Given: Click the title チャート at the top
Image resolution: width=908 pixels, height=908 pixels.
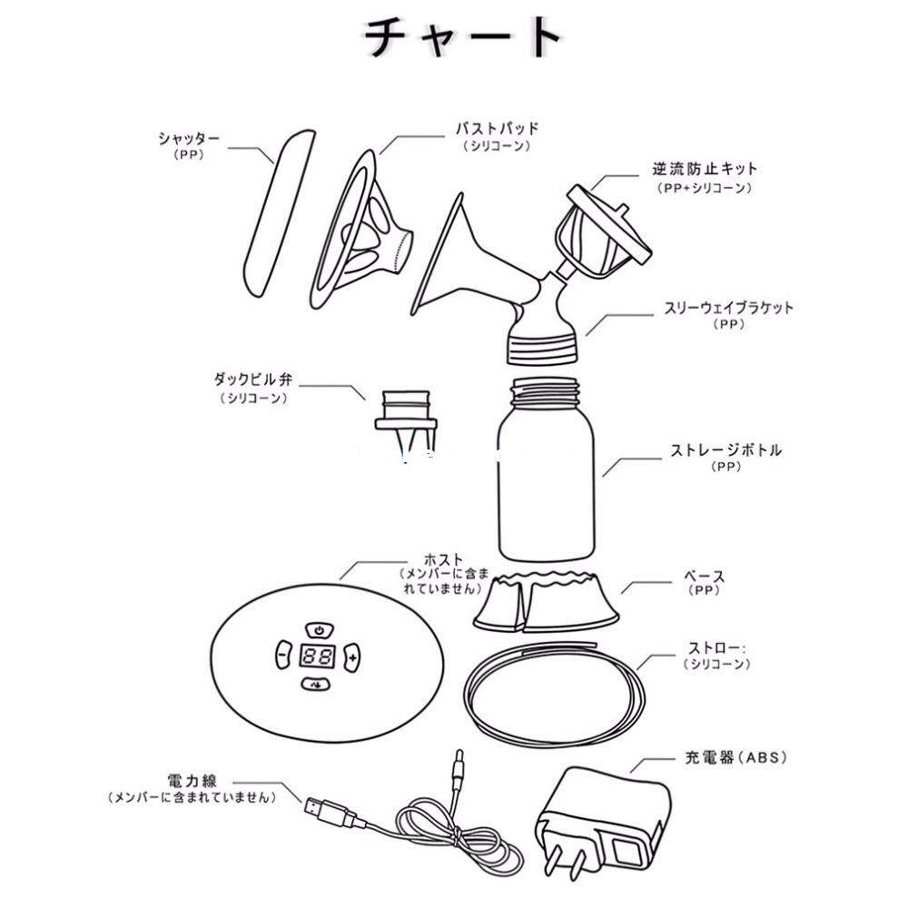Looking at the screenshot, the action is tap(463, 36).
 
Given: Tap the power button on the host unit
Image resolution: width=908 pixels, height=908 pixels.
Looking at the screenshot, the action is tap(319, 630).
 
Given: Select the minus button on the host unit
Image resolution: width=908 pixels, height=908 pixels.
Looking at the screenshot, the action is tap(282, 656).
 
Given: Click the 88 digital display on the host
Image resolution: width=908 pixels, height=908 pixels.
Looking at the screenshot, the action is tap(318, 656).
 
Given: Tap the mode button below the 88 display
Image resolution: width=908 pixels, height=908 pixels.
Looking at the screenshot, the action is tap(316, 685).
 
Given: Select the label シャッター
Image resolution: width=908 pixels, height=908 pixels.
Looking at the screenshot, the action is tap(189, 138).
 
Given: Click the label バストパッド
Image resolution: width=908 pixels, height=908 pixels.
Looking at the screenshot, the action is tap(497, 129).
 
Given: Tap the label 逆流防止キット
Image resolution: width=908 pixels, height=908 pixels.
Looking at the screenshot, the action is tap(705, 169).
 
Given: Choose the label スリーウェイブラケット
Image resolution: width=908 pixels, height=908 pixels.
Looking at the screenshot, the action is tap(728, 308).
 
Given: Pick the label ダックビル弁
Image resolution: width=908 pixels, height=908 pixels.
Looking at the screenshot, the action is tap(253, 380).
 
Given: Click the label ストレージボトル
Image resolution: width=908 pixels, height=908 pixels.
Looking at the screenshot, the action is tap(725, 450).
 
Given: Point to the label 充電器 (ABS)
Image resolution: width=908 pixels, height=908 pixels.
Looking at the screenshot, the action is tap(736, 757).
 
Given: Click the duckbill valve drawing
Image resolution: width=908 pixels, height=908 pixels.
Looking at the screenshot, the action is tap(405, 423).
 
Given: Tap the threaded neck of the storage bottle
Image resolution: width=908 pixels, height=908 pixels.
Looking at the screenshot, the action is tap(545, 392).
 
